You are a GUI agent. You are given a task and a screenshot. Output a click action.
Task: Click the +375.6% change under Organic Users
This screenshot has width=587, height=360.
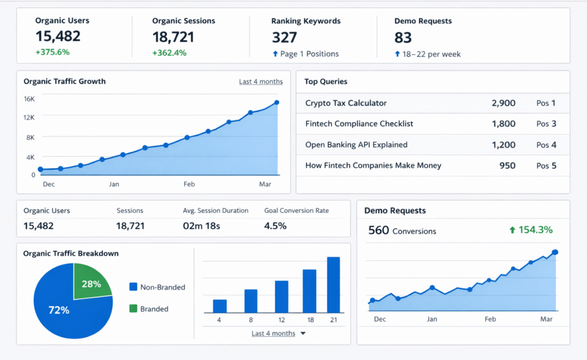[52, 52]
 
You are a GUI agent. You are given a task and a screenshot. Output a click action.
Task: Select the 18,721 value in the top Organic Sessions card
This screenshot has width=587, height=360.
[173, 37]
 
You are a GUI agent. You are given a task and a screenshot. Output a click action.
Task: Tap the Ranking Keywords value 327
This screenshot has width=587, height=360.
[284, 37]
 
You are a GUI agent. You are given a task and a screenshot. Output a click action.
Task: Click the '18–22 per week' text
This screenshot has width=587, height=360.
[432, 54]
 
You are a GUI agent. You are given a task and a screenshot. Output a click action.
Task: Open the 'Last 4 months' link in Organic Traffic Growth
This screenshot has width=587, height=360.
[261, 81]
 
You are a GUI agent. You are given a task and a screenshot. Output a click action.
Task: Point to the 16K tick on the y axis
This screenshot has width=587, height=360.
[29, 99]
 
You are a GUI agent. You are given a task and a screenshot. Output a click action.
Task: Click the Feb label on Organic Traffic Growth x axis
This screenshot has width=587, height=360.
[189, 184]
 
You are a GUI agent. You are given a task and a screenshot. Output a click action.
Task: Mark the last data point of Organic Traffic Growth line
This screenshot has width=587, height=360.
[276, 103]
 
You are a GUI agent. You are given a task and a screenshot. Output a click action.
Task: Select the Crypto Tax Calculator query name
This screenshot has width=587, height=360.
[346, 103]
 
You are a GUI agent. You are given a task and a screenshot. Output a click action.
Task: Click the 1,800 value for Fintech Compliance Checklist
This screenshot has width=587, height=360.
[503, 124]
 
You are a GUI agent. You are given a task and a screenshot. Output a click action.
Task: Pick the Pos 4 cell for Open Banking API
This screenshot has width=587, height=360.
[546, 145]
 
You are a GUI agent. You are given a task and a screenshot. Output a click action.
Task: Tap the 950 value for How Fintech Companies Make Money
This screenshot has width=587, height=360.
[507, 166]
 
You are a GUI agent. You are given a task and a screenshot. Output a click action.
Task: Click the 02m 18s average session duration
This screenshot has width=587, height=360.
[201, 226]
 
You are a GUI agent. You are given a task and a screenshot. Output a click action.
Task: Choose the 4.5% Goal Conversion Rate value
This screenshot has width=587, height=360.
[275, 226]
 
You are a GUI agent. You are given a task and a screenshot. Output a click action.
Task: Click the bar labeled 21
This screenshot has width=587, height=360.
[333, 284]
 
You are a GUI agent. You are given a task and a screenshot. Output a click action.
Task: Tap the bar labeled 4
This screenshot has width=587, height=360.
[220, 306]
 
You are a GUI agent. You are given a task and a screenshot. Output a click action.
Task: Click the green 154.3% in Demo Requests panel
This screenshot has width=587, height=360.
[531, 230]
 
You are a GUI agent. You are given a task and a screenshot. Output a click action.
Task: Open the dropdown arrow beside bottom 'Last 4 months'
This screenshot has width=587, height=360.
[303, 333]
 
